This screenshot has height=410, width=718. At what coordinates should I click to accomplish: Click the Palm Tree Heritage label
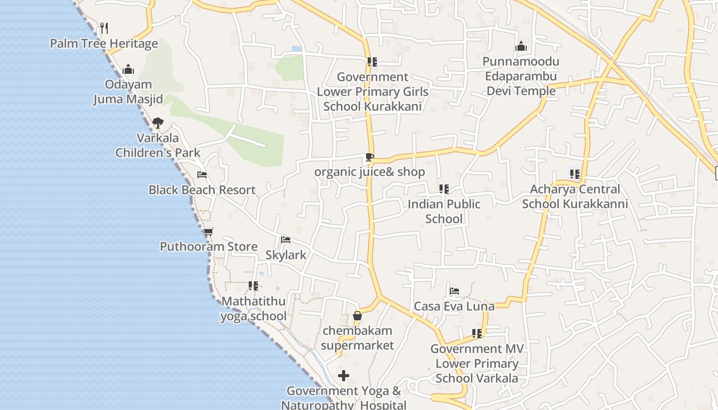[x=104, y=44]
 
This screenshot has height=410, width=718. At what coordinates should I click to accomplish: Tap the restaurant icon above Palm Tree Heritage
[x=104, y=28]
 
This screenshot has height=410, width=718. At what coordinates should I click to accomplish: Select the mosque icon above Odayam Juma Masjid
[x=128, y=69]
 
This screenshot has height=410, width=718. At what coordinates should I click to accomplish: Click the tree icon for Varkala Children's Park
[x=158, y=123]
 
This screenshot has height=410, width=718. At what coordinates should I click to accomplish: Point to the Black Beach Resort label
[x=202, y=190]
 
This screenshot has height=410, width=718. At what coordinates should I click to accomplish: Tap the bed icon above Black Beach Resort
[x=202, y=175]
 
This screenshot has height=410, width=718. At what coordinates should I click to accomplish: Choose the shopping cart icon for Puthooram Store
[x=208, y=232]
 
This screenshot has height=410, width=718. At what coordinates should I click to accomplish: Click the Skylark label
[x=286, y=255]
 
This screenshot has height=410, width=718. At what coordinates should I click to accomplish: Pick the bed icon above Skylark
[x=286, y=240]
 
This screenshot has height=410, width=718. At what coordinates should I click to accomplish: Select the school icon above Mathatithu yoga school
[x=253, y=286]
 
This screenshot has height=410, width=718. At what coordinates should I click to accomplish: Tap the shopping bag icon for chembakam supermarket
[x=357, y=316]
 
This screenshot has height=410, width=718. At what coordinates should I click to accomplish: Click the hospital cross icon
[x=344, y=376]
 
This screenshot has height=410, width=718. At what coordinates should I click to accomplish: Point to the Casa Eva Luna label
[x=454, y=306]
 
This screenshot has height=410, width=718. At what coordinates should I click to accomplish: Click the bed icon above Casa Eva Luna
[x=454, y=291]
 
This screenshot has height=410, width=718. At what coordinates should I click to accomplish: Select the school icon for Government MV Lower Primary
[x=477, y=334]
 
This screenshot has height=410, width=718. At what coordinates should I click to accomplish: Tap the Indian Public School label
[x=444, y=211]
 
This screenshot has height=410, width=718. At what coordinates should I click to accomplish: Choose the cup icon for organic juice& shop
[x=370, y=157]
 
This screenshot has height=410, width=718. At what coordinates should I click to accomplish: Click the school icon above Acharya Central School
[x=575, y=174]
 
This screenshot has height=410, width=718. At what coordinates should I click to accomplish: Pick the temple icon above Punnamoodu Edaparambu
[x=521, y=47]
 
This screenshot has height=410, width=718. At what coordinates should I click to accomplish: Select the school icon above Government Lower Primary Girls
[x=372, y=62]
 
